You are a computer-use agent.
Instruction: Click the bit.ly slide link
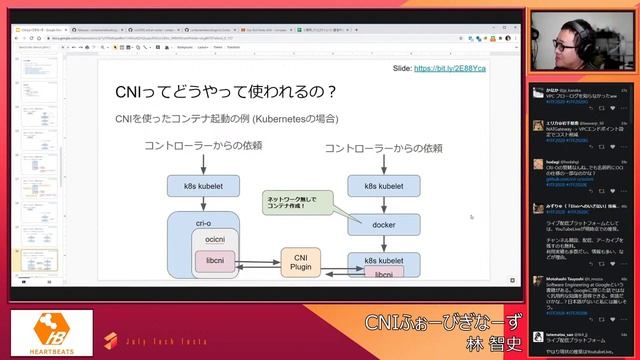click(x=451, y=68)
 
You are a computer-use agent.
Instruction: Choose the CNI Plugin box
click(x=300, y=262)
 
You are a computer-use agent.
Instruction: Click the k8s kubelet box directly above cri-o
click(x=203, y=186)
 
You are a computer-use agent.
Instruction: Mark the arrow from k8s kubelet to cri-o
click(x=203, y=204)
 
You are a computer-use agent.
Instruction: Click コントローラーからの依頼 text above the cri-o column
click(x=204, y=146)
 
